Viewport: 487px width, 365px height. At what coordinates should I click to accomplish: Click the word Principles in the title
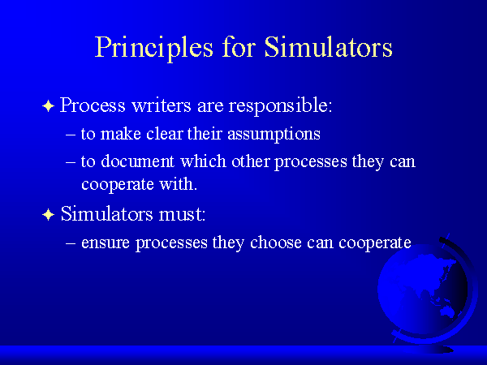coord(154,48)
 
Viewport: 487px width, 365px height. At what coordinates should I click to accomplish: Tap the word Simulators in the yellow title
coord(328,46)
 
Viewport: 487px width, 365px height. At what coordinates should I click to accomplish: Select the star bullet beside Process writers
coord(48,105)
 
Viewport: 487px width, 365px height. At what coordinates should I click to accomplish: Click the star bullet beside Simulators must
coord(48,214)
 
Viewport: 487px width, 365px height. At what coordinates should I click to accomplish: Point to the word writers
coord(162,105)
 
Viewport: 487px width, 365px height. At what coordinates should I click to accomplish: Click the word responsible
coord(281,106)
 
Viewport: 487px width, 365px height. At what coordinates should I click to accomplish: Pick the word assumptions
coord(274,135)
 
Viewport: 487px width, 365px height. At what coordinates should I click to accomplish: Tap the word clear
coord(165,134)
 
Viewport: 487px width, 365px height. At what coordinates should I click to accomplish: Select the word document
coord(138,161)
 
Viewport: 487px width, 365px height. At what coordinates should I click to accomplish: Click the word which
coord(203,161)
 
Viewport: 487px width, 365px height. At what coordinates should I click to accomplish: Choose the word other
coord(250,161)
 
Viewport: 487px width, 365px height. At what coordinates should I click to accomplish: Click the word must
coord(182,214)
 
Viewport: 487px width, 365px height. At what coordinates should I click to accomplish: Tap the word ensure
coord(106,243)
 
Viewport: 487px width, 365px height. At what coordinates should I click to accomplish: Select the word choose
coord(276,243)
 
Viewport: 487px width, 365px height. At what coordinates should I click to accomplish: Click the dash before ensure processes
coord(71,243)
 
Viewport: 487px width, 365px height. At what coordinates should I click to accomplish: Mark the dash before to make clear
coord(71,135)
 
